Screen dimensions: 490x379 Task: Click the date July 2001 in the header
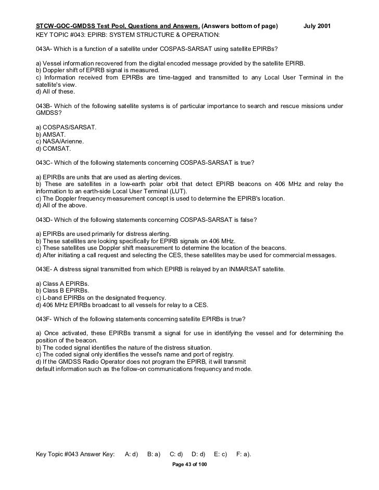[x=321, y=25]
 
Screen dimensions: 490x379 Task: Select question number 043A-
[x=43, y=48]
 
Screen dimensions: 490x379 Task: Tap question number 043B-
[x=43, y=107]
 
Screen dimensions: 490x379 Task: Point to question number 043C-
[x=43, y=162]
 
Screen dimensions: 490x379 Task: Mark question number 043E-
[x=43, y=270]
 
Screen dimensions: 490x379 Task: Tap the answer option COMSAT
[x=53, y=149]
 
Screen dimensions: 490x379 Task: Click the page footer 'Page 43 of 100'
[x=189, y=463]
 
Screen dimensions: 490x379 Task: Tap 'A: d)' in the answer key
[x=131, y=454]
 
